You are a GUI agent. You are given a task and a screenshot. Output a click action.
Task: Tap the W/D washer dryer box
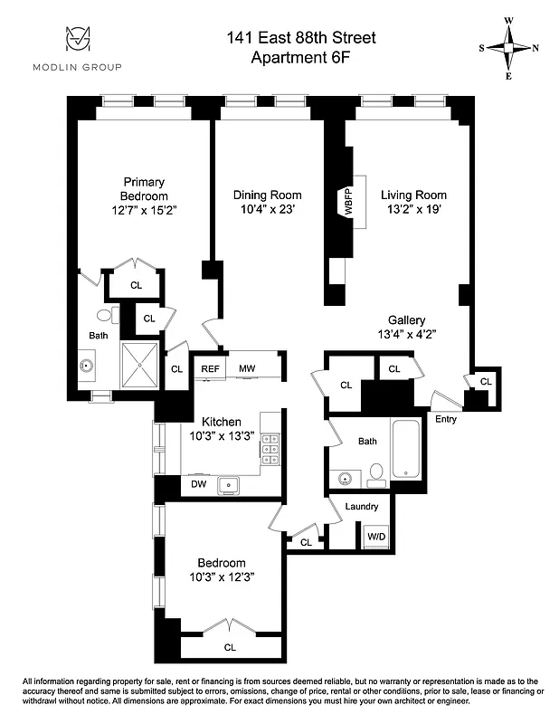(x=374, y=537)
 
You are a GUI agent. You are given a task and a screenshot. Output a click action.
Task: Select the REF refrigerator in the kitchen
(x=210, y=368)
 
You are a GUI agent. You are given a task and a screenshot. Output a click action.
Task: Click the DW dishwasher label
(x=199, y=485)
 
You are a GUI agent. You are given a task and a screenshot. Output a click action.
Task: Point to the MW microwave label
(x=247, y=368)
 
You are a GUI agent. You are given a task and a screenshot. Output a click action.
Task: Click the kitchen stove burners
(x=270, y=450)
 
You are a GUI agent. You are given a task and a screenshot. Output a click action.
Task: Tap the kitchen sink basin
(x=229, y=485)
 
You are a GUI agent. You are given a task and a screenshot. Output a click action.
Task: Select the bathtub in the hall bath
(x=406, y=450)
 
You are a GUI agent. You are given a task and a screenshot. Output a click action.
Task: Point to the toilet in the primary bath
(x=106, y=315)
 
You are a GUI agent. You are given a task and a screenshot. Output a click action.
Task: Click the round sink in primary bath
(x=88, y=367)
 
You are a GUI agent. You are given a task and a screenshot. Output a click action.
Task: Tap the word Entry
(x=446, y=419)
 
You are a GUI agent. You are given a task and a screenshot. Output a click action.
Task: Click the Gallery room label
(x=406, y=320)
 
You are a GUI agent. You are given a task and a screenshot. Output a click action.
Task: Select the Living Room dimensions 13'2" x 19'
(x=413, y=210)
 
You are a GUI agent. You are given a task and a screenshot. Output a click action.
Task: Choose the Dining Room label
(x=267, y=195)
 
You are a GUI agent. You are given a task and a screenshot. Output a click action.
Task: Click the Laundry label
(x=362, y=506)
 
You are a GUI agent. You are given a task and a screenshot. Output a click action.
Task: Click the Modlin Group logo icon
(x=77, y=39)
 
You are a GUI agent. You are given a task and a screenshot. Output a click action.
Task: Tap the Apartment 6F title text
(x=301, y=57)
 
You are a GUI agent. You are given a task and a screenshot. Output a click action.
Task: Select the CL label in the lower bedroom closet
(x=230, y=647)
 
